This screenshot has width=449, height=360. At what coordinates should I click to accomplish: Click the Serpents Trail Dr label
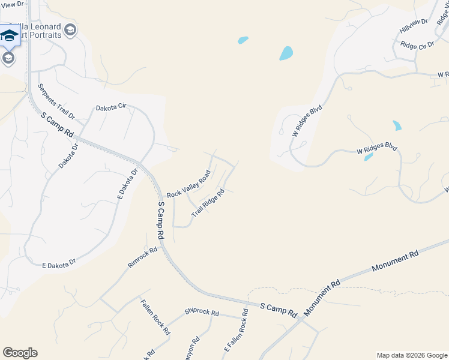56,100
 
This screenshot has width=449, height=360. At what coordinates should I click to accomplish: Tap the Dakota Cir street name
111,107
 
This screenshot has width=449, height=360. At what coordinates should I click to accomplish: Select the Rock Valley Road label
189,185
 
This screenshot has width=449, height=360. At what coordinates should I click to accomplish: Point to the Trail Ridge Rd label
208,203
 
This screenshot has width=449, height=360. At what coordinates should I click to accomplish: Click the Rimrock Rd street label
142,256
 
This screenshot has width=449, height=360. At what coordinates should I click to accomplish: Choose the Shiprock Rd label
202,313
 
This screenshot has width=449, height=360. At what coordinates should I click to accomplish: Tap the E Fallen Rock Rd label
236,331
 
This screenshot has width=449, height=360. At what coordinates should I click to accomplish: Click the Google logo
20,353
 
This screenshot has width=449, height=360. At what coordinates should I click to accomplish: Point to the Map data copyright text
411,355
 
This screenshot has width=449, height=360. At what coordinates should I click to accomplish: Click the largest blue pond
286,53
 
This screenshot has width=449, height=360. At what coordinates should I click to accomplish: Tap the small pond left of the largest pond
243,40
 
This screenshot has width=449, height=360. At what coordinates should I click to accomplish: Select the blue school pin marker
9,35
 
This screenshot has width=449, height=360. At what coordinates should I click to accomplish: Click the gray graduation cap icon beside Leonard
70,30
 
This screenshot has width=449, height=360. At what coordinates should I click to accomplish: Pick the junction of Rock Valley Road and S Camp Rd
161,197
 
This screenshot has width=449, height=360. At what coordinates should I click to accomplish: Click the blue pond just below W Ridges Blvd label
369,157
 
